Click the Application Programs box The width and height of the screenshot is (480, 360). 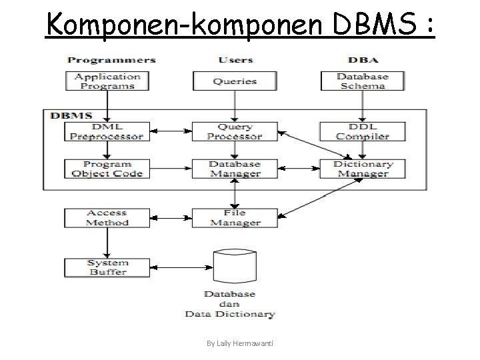coord(107,81)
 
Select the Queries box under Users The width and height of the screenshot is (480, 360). coord(235,81)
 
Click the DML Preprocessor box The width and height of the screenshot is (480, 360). coord(107,131)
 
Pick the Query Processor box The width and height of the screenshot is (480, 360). coord(235,131)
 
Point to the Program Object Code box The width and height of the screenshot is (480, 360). coord(107,169)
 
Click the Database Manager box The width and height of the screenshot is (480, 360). coord(235,169)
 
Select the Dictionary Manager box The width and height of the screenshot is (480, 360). coord(363,169)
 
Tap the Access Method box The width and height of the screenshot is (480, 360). coord(107,218)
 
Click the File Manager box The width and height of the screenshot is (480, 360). coord(235,218)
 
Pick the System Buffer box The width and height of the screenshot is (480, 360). coord(107,267)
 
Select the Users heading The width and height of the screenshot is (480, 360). coord(235,60)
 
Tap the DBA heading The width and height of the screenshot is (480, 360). coord(362,60)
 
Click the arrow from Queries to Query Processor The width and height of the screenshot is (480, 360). coord(235,107)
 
